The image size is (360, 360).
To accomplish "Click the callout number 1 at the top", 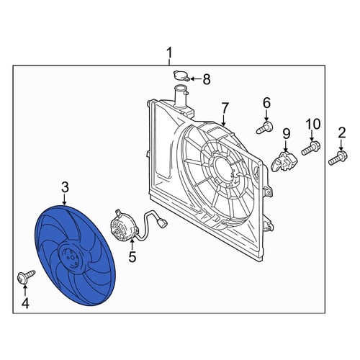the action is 169,53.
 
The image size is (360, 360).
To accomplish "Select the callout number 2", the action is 341,133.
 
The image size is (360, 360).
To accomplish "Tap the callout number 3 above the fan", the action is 65,188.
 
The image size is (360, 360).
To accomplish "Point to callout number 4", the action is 25,303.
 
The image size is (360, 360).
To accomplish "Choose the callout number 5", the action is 132,257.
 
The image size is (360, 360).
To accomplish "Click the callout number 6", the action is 266,104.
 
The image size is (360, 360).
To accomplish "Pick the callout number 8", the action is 206,79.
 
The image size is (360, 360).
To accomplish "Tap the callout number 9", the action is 286,135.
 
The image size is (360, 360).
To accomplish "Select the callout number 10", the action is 313,125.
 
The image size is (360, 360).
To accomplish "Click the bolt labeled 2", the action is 338,158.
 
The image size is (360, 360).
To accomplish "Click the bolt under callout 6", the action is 265,127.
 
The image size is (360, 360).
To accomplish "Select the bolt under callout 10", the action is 311,148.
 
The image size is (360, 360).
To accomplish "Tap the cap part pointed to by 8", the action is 181,76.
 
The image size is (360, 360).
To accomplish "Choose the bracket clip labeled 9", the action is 284,161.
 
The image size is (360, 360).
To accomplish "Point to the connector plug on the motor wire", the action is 163,224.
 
